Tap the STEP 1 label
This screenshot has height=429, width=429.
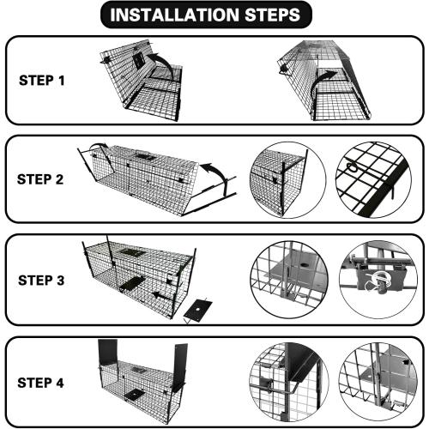(43, 82)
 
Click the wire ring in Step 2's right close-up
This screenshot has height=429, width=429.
(354, 172)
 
